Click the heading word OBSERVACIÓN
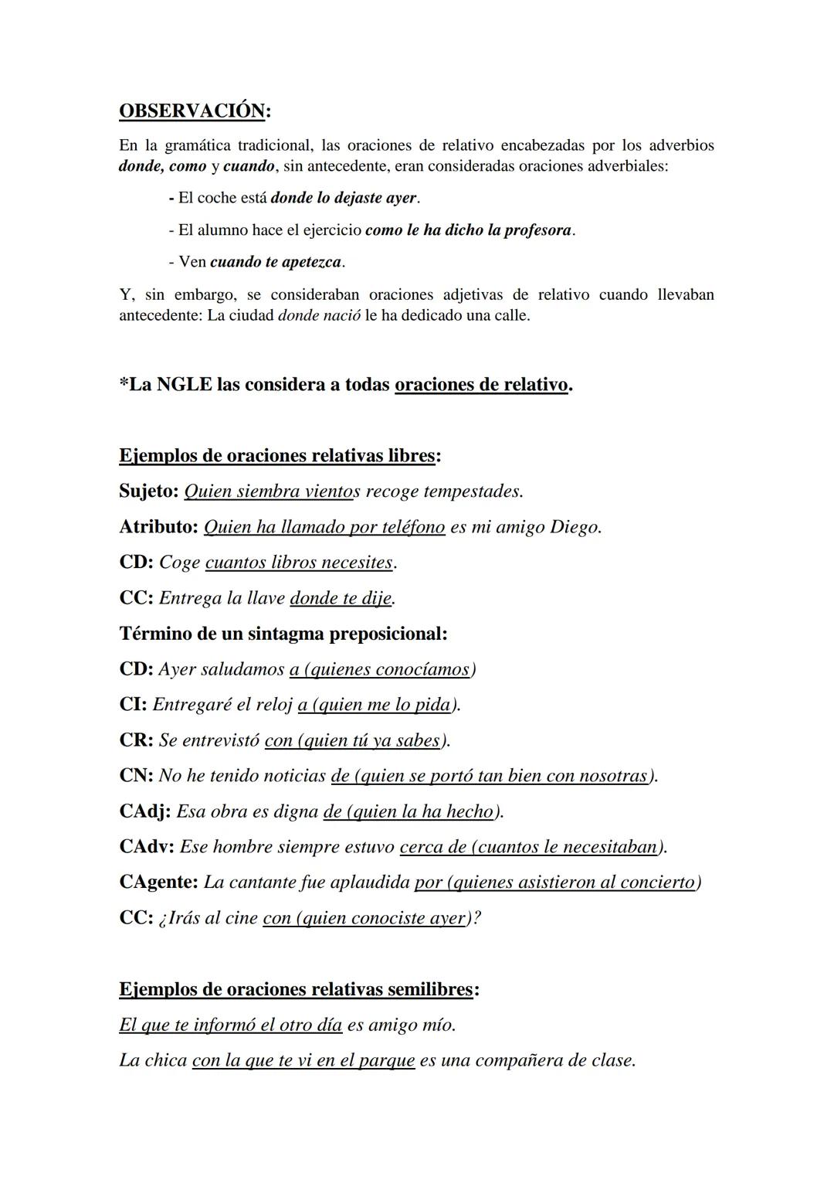point(192,111)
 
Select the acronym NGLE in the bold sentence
point(184,384)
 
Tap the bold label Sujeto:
point(149,491)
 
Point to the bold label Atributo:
point(158,527)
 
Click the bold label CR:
point(136,740)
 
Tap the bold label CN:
point(136,776)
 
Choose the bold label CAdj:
point(144,811)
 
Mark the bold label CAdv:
point(147,847)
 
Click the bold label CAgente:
point(158,882)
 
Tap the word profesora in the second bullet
point(537,230)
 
